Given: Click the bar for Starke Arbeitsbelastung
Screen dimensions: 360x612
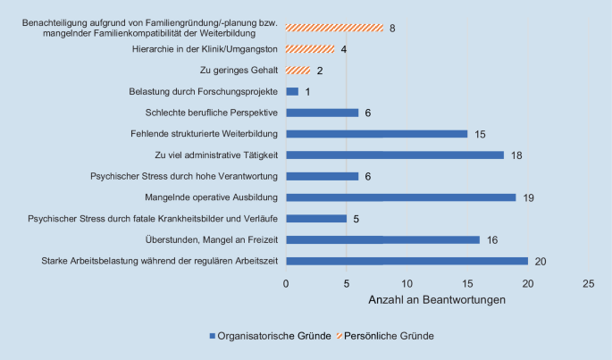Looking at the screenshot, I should [x=407, y=261].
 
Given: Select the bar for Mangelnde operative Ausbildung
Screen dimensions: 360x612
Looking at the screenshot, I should [x=400, y=197].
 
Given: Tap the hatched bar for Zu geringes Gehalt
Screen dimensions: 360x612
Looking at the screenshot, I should [x=298, y=71].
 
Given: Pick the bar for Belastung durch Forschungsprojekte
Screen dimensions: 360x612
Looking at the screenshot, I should [x=291, y=91].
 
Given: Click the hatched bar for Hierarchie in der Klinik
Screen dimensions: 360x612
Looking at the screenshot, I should [x=310, y=49].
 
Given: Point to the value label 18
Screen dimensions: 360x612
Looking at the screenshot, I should [x=516, y=155].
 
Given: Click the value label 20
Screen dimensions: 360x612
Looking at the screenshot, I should [x=541, y=261].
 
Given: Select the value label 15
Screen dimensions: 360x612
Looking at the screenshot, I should [x=481, y=134].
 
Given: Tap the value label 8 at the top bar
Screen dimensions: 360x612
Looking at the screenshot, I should [x=392, y=29].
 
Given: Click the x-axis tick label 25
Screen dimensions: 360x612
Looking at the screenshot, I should [x=588, y=283].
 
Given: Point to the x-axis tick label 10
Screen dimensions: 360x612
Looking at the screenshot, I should [x=407, y=283].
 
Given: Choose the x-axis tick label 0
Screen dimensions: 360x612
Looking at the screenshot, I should [x=286, y=283].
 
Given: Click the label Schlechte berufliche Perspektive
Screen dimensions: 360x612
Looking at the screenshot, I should [x=212, y=113].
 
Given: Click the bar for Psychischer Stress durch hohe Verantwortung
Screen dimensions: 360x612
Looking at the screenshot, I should [x=322, y=176].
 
